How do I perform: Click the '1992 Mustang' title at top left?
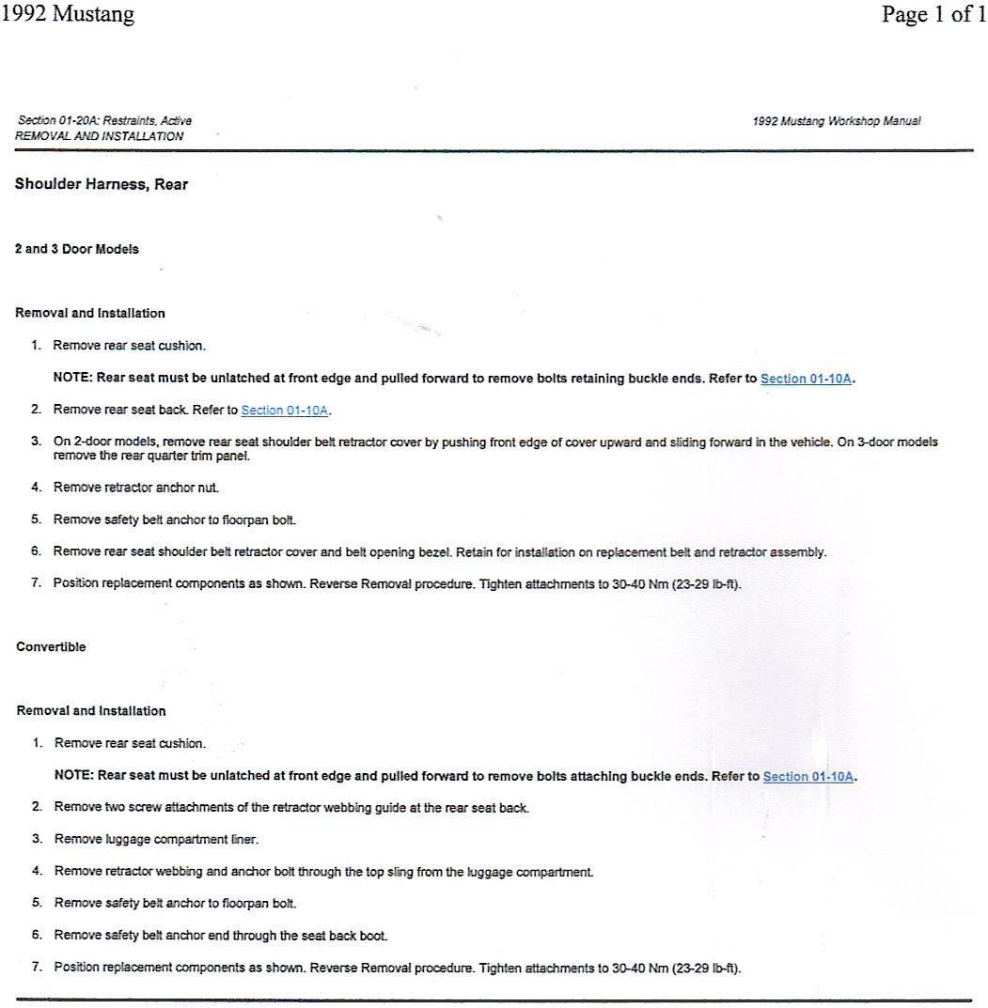[x=68, y=15]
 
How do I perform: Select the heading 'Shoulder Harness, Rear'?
[x=102, y=185]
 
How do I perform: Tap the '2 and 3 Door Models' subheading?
[x=77, y=249]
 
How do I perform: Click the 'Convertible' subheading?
[x=51, y=647]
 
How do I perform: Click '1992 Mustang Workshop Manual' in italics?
[x=837, y=121]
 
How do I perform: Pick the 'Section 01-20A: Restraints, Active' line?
[x=104, y=121]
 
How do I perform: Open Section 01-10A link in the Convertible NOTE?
[x=808, y=777]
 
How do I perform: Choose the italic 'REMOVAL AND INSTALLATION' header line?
[x=100, y=136]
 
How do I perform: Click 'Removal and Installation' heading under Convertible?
[x=91, y=711]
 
